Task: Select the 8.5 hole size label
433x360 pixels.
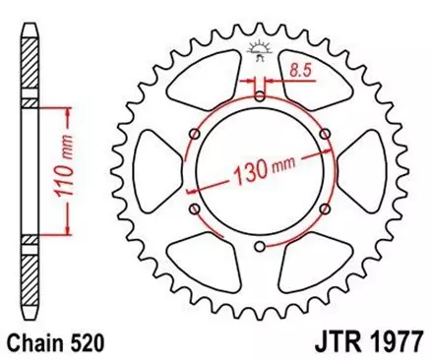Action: (x=302, y=71)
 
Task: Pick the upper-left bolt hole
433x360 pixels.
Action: (x=195, y=133)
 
